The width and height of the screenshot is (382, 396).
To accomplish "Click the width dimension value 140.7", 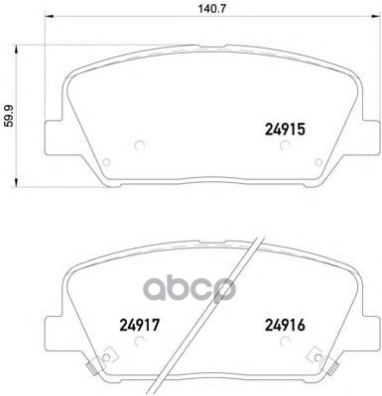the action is tap(211, 8).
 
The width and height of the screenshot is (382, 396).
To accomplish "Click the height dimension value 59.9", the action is tap(10, 116).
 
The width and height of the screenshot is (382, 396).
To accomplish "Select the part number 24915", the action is tap(285, 130).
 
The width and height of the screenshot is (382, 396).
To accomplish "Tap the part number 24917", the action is tap(140, 326).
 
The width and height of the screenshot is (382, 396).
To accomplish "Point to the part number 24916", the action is tap(285, 326).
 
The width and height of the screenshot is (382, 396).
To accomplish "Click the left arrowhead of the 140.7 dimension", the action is tap(49, 16).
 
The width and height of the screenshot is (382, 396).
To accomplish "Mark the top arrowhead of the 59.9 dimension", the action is tap(16, 50).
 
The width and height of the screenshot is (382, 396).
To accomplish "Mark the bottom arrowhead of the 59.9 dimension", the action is tap(16, 182).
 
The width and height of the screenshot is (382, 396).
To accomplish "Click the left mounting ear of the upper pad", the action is tap(54, 138).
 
